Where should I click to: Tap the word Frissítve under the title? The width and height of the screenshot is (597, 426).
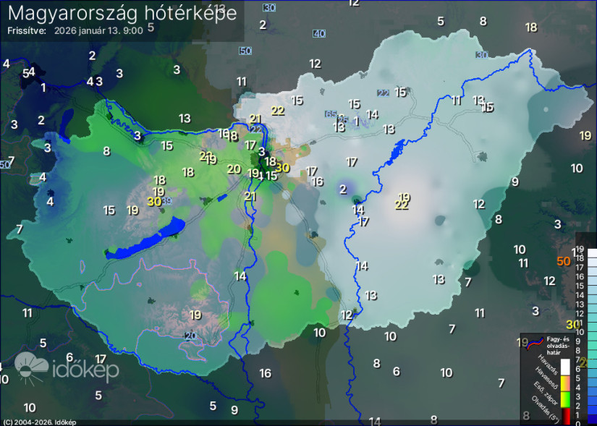click(27, 31)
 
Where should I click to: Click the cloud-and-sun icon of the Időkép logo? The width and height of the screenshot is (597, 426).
click(30, 368)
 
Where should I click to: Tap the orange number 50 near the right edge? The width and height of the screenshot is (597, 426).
click(564, 261)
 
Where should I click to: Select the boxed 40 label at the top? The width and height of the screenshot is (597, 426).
click(319, 34)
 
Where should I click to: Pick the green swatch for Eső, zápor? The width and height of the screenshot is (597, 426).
click(566, 399)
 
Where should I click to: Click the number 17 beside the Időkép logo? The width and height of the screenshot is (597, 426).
click(101, 358)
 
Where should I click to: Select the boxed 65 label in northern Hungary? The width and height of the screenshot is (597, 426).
click(331, 114)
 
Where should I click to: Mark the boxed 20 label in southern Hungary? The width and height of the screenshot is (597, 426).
click(190, 336)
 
